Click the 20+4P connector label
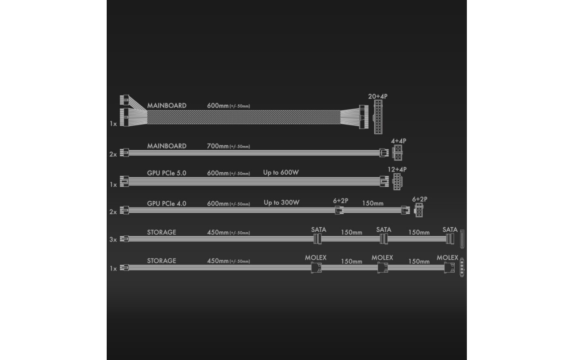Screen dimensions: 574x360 coord(378,96)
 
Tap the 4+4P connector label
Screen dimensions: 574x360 coord(398,141)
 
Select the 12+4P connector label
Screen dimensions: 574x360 coord(397,169)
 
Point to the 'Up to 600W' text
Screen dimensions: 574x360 coord(281,172)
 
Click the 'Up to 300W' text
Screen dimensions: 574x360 coord(281,202)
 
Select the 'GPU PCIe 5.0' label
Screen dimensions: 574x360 coord(167,173)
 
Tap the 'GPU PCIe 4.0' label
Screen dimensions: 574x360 coord(167,204)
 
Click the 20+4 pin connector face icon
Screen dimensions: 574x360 coord(378,117)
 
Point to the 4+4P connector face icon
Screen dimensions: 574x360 coord(397,153)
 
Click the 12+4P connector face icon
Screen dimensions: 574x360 coord(398,182)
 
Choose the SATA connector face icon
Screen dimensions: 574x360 coord(462,239)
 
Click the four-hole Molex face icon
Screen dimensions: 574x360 coord(462,267)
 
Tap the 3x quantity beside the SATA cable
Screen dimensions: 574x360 coord(113,239)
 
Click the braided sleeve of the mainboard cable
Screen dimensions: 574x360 coord(244,117)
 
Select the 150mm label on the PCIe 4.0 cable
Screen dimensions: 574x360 coord(373,203)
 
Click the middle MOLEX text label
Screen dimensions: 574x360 coord(382,257)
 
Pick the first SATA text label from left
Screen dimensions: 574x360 coord(319,229)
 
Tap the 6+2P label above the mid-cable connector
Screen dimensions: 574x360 coord(340,201)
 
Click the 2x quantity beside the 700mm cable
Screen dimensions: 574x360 coord(113,154)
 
